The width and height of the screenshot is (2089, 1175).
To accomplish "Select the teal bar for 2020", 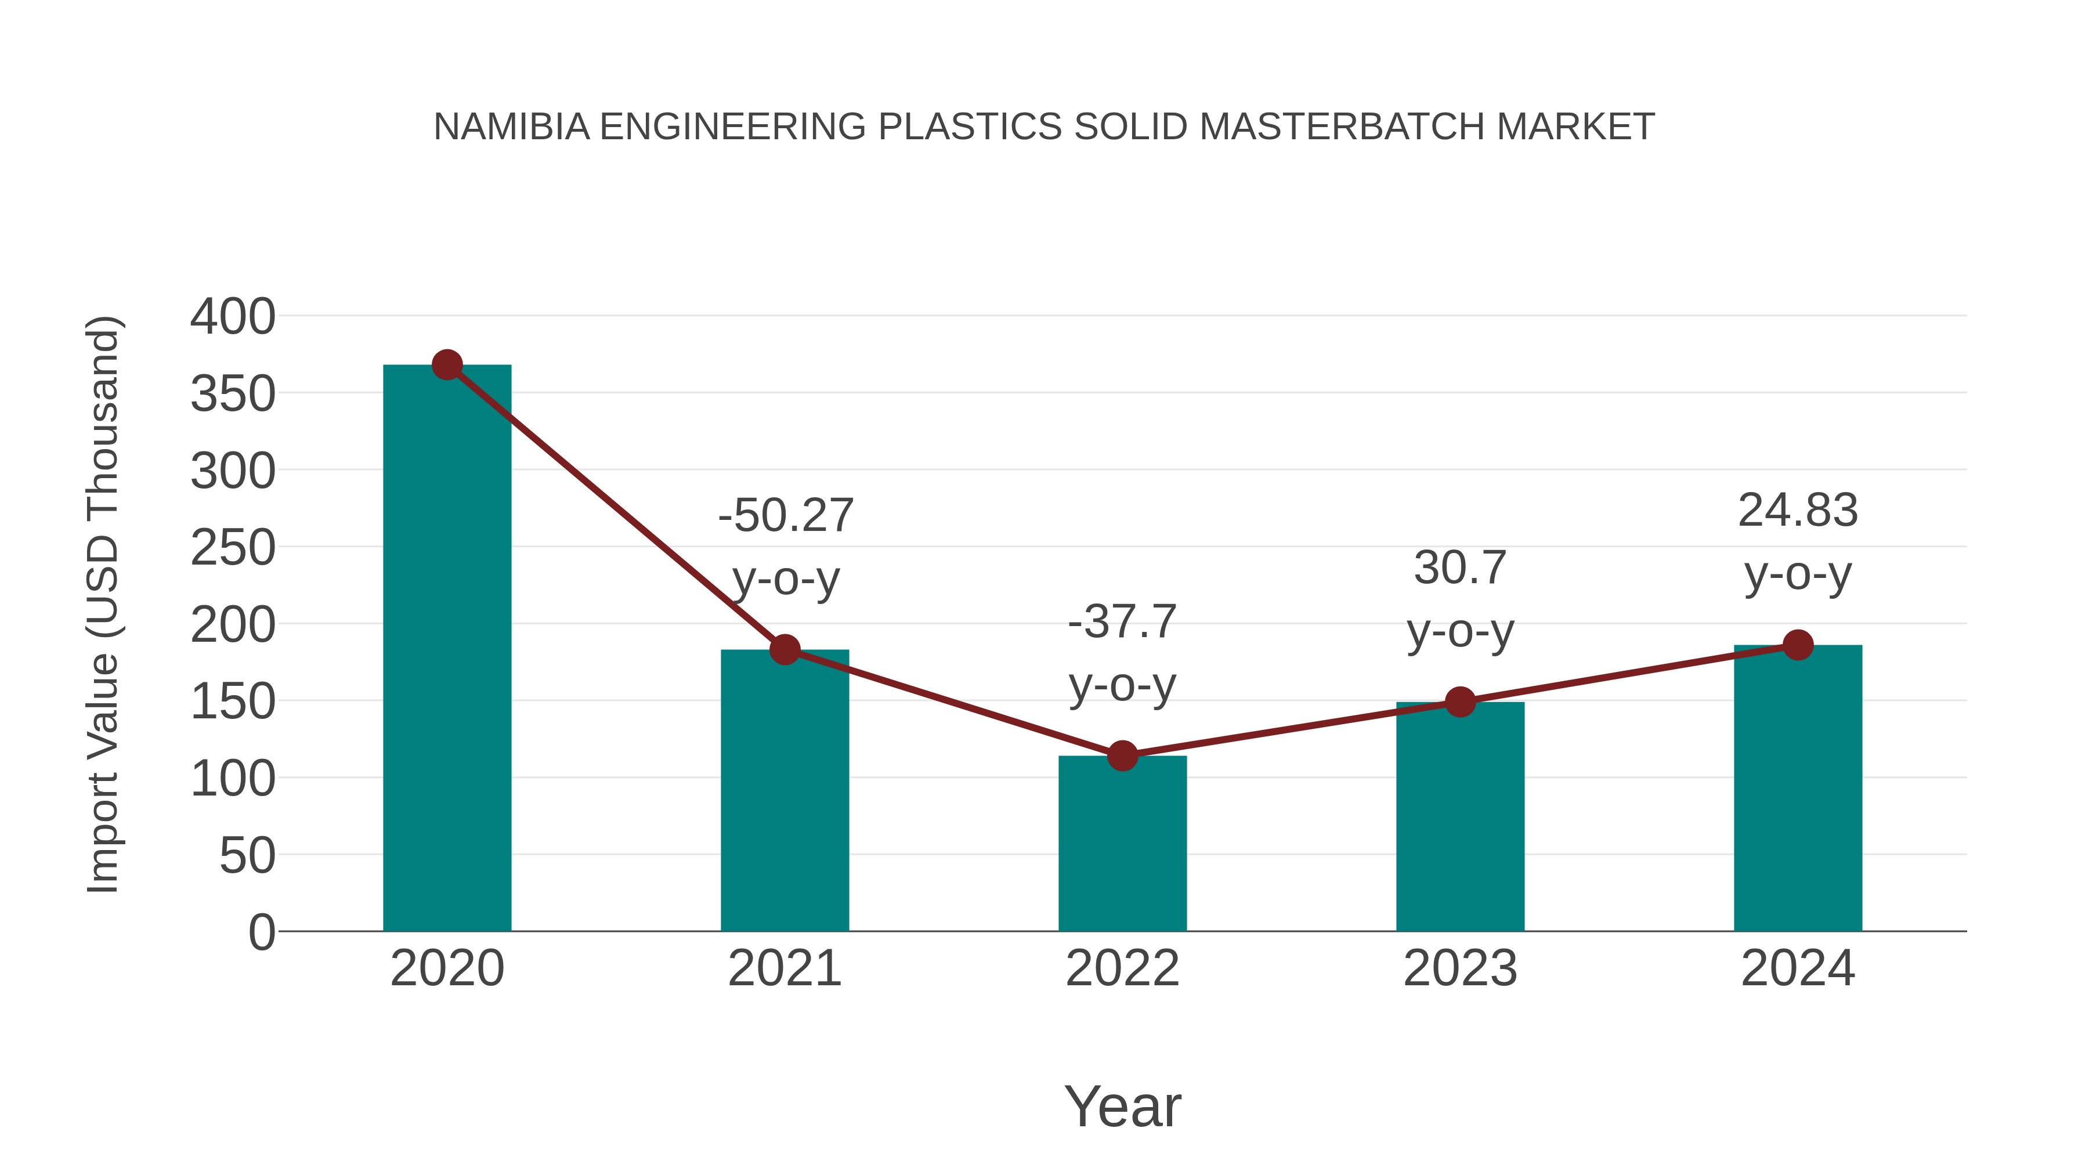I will coord(447,649).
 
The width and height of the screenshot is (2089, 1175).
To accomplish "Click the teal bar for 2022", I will coord(1122,843).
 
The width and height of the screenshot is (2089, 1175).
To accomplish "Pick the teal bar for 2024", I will coord(1798,787).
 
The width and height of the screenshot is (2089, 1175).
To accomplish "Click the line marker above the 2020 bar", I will coord(447,365).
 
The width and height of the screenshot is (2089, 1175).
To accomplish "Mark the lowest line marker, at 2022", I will coord(1122,755).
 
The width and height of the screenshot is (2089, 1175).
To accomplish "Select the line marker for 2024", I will coord(1798,645).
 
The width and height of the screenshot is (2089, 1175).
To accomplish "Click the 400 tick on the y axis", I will coord(233,316).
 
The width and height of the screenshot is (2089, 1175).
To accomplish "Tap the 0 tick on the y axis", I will coord(261,932).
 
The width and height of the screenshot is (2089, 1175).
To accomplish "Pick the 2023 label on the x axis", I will coord(1460,968).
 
